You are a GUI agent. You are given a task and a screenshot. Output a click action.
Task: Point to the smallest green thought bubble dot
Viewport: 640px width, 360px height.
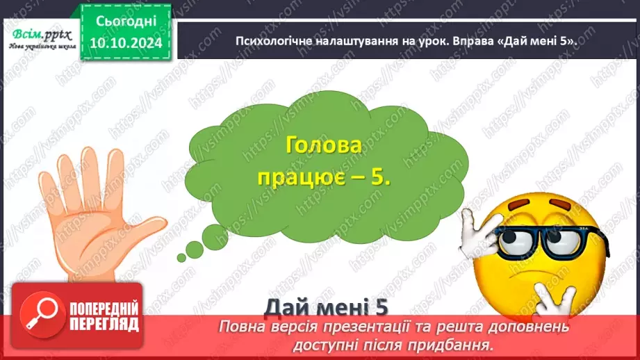pyautogui.click(x=182, y=257)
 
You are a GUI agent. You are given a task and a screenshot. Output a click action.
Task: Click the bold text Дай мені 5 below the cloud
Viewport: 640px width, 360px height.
pyautogui.click(x=325, y=306)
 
